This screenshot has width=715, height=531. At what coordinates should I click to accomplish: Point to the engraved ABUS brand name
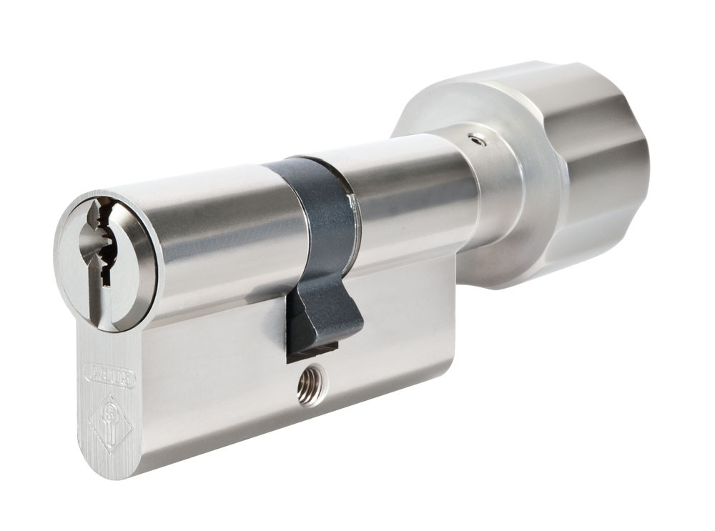click(109, 374)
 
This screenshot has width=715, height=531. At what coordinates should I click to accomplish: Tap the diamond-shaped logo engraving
click(109, 421)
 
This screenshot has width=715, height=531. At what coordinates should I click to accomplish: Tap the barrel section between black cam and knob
click(408, 193)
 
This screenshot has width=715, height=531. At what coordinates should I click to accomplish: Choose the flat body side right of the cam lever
click(408, 314)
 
